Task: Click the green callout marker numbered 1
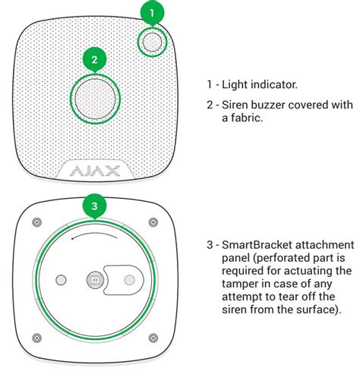coord(152,13)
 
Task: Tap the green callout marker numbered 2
coord(95,60)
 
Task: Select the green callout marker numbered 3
coord(95,206)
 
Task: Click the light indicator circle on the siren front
coord(152,42)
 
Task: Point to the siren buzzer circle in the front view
coord(95,99)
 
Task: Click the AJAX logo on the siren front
coord(95,171)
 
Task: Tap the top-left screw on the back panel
coord(37,222)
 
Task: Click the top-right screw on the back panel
coord(153,222)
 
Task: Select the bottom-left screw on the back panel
coord(37,338)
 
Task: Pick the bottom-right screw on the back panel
coord(153,338)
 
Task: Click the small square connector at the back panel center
coord(95,280)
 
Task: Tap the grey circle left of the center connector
coord(61,280)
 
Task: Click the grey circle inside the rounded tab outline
coord(130,280)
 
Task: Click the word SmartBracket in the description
coord(257,245)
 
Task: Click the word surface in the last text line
coord(317,310)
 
